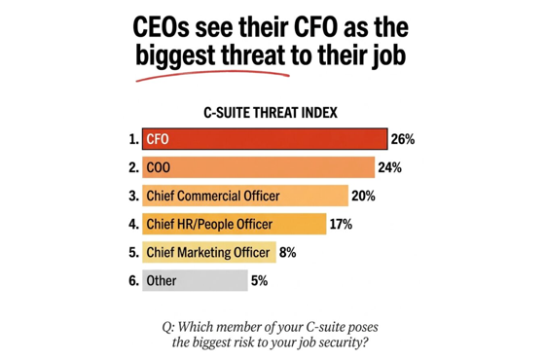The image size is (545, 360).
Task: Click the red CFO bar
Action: tap(264, 139)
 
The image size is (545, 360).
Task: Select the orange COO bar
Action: tap(257, 167)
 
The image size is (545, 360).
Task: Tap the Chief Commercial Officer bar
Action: tap(244, 196)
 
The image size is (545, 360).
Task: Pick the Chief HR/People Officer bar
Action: tap(234, 224)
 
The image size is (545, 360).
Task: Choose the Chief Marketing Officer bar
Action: tap(208, 252)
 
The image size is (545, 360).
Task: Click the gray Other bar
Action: tap(195, 280)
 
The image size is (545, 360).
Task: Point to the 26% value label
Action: tap(403, 139)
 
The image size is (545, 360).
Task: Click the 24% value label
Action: tap(389, 167)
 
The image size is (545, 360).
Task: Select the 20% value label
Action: tap(364, 196)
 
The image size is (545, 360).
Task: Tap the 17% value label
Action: tap(341, 224)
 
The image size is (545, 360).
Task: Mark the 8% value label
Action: tap(287, 252)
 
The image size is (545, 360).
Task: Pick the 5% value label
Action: tap(259, 280)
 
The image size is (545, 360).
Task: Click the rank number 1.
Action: tap(132, 139)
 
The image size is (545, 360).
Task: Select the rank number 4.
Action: tap(132, 224)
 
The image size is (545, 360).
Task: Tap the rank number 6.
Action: tap(132, 280)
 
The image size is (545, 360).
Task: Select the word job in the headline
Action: tap(384, 55)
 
